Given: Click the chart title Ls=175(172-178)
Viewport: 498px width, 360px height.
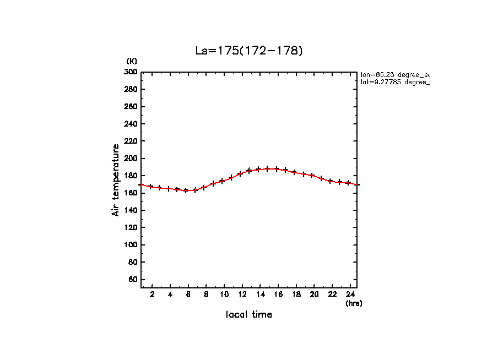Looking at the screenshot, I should point(249,51).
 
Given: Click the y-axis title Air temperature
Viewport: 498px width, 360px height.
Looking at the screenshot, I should point(116,180).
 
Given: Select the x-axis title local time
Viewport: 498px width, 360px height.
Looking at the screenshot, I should point(249,315).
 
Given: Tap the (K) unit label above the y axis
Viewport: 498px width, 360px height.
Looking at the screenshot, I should point(132,61).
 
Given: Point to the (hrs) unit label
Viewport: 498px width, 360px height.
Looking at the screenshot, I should point(354,303).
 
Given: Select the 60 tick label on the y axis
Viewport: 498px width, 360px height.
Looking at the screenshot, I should point(133,280).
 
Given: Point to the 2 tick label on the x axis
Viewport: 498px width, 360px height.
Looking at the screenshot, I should point(152,294).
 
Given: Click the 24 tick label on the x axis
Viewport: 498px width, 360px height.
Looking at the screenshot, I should point(350,294).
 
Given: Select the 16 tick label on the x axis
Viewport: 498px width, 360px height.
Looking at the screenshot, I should point(278,294).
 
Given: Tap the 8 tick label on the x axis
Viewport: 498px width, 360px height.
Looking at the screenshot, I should point(205,294).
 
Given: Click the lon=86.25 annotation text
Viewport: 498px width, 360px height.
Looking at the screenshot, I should point(394,74).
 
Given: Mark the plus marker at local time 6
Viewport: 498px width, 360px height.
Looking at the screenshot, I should point(186,190).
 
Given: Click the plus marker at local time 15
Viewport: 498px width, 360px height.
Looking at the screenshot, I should point(268,169).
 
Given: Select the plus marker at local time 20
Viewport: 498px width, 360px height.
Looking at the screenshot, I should point(312,176).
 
